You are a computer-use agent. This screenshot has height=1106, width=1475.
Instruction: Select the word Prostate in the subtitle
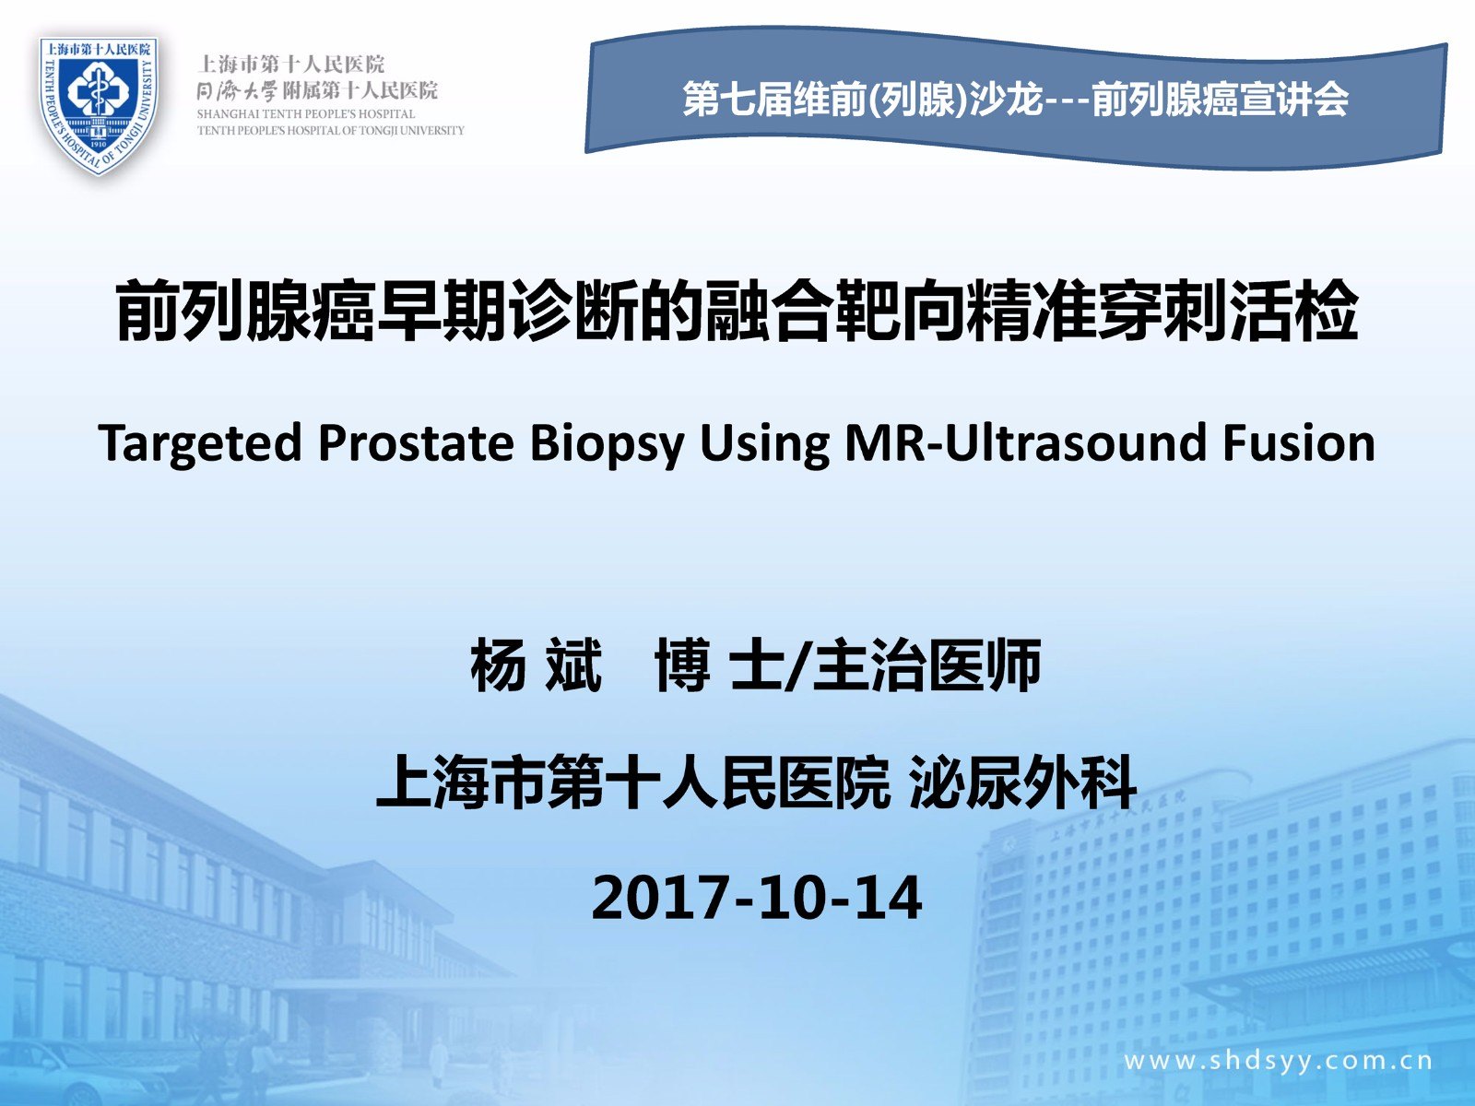pyautogui.click(x=416, y=444)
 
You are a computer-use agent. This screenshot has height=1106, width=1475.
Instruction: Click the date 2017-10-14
pyautogui.click(x=757, y=898)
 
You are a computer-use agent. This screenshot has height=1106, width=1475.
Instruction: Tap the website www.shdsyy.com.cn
pyautogui.click(x=1278, y=1062)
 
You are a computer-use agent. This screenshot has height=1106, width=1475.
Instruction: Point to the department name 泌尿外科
pyautogui.click(x=1022, y=782)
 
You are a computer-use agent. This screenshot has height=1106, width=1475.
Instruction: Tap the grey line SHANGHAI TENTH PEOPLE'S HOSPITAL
pyautogui.click(x=306, y=114)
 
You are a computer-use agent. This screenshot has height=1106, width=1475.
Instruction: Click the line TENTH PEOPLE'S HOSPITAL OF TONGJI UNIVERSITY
pyautogui.click(x=331, y=130)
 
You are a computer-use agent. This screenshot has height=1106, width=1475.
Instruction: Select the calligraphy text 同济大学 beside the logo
pyautogui.click(x=237, y=90)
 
